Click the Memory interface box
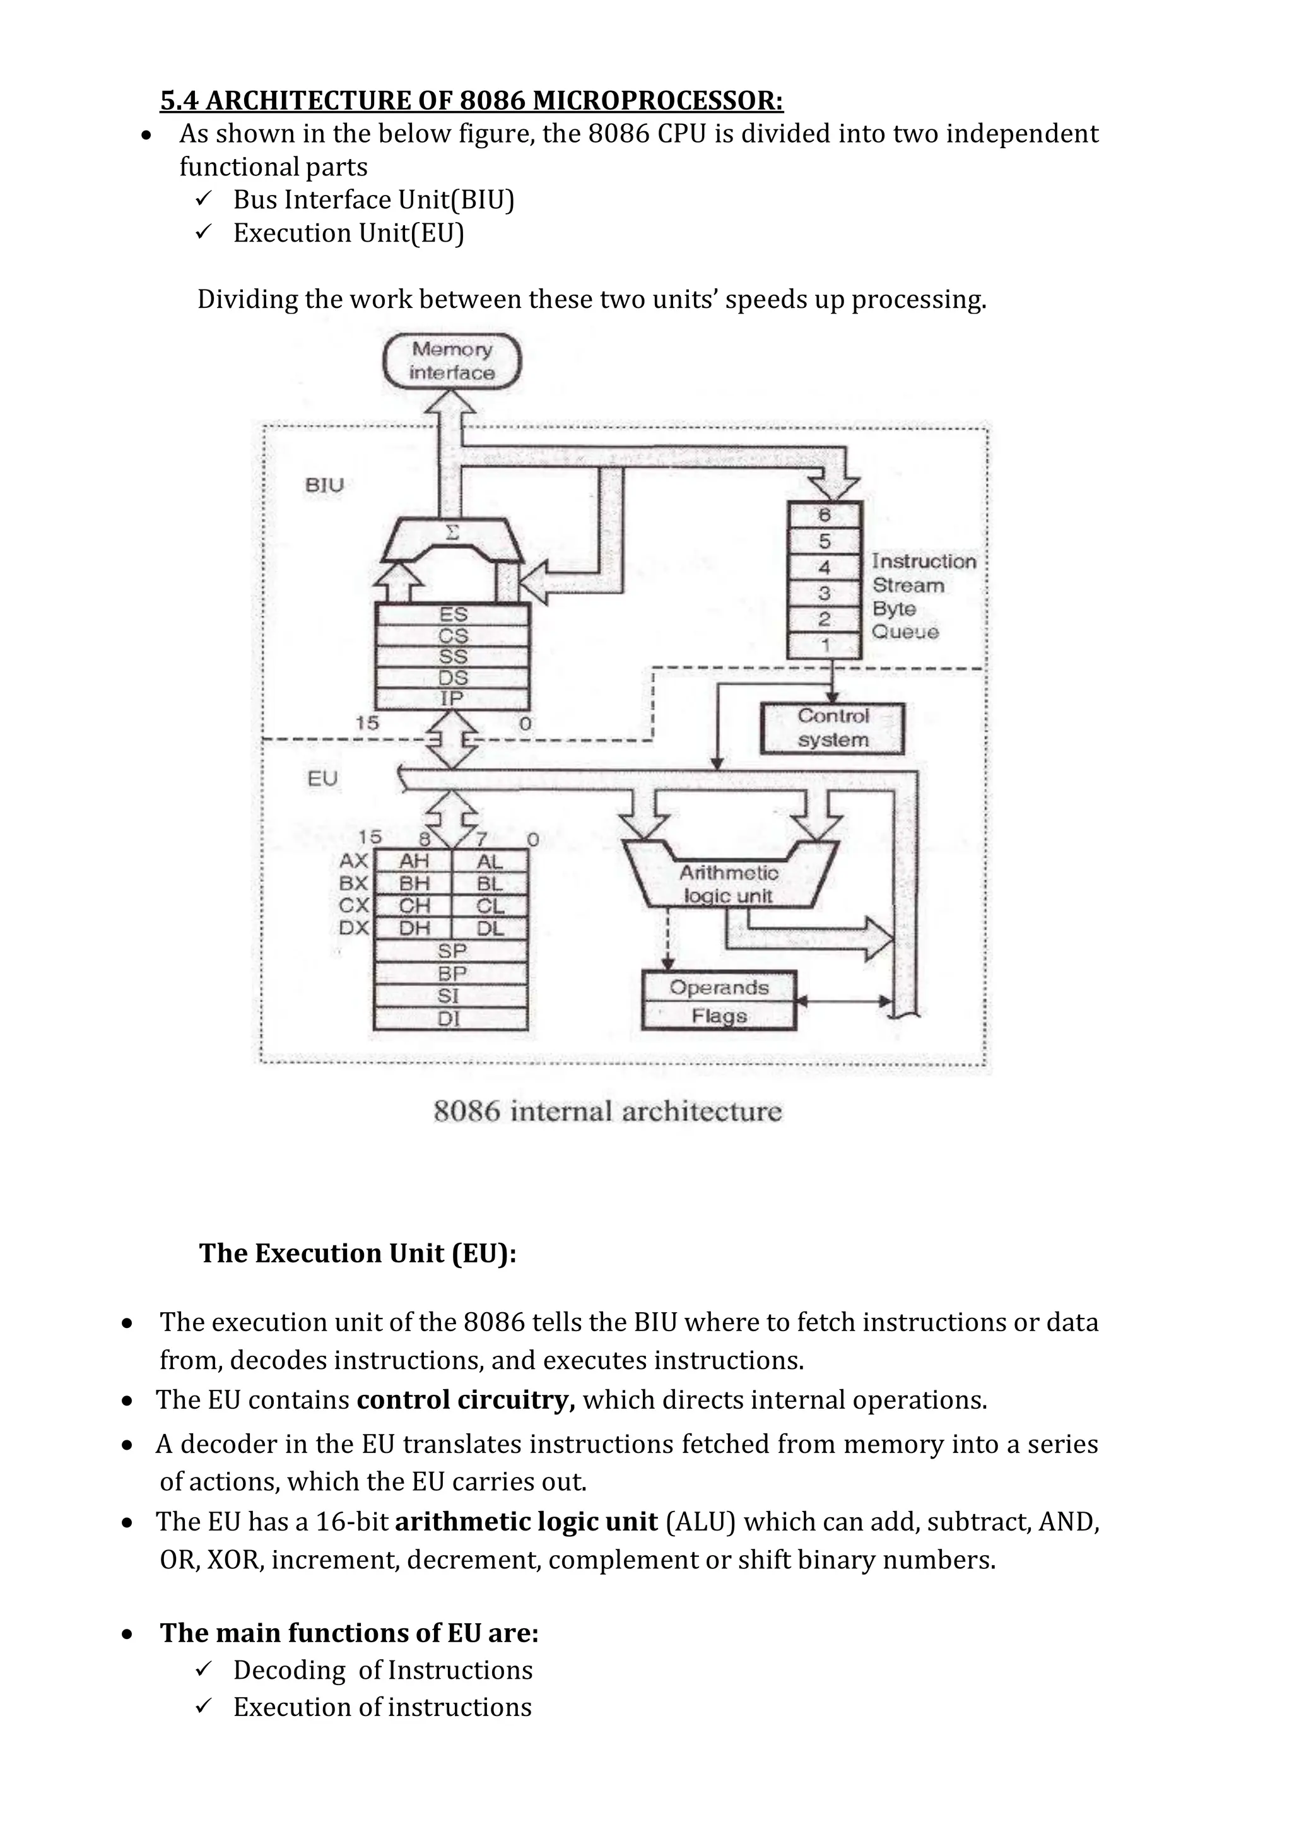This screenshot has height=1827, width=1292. (452, 361)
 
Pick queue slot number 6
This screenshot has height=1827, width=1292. (824, 515)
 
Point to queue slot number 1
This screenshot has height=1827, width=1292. (824, 645)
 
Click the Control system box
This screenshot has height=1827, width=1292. (832, 728)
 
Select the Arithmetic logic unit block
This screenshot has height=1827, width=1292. (729, 883)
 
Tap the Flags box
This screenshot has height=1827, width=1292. (719, 1016)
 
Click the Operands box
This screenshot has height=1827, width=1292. (719, 987)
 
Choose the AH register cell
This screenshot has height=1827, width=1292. (414, 861)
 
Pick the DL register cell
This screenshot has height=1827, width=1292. (490, 928)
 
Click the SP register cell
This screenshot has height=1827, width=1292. (451, 951)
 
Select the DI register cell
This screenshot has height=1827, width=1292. (450, 1018)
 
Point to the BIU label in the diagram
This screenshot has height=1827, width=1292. (325, 485)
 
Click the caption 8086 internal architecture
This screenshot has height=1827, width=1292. (608, 1112)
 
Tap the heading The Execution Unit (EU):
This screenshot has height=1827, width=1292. (358, 1254)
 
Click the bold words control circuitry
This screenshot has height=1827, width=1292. (466, 1400)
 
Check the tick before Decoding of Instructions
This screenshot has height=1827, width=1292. (204, 1669)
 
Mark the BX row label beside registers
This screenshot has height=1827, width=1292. (353, 883)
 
